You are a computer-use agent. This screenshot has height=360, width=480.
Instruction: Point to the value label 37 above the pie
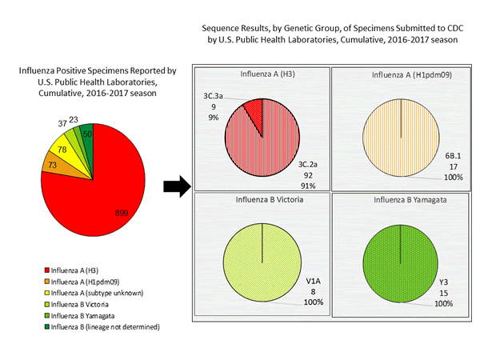click(62, 123)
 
